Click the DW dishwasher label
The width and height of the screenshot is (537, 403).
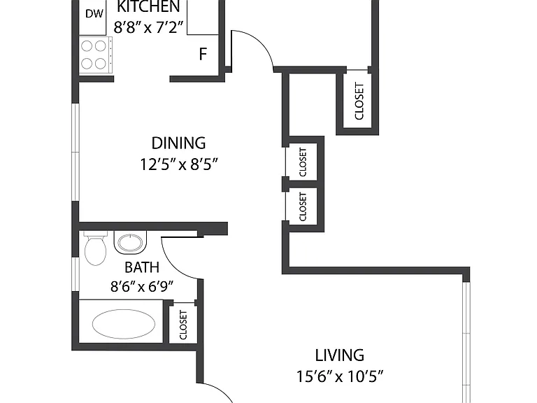coord(94,14)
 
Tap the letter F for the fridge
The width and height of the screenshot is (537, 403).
coord(203,54)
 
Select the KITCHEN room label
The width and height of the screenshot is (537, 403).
coord(149,6)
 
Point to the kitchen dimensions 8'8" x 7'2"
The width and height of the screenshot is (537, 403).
coord(149,27)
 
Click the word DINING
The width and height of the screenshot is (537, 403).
coord(178,143)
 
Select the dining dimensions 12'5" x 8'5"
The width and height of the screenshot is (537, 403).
coord(179,164)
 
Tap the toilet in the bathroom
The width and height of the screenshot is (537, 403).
coord(95,248)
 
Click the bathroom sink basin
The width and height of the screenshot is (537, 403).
coord(130,243)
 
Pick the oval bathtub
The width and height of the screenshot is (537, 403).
coord(124,324)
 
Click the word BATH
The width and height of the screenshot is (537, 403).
coord(142,267)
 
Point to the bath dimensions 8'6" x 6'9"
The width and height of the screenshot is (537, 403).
coord(142,286)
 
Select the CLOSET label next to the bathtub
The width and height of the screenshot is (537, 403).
coord(183,325)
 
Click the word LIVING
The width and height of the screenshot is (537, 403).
coord(339,355)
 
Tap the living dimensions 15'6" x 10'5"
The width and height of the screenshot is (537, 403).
coord(339,376)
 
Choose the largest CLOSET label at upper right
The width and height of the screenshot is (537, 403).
coord(359,101)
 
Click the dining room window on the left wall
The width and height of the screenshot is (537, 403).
coord(76,151)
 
